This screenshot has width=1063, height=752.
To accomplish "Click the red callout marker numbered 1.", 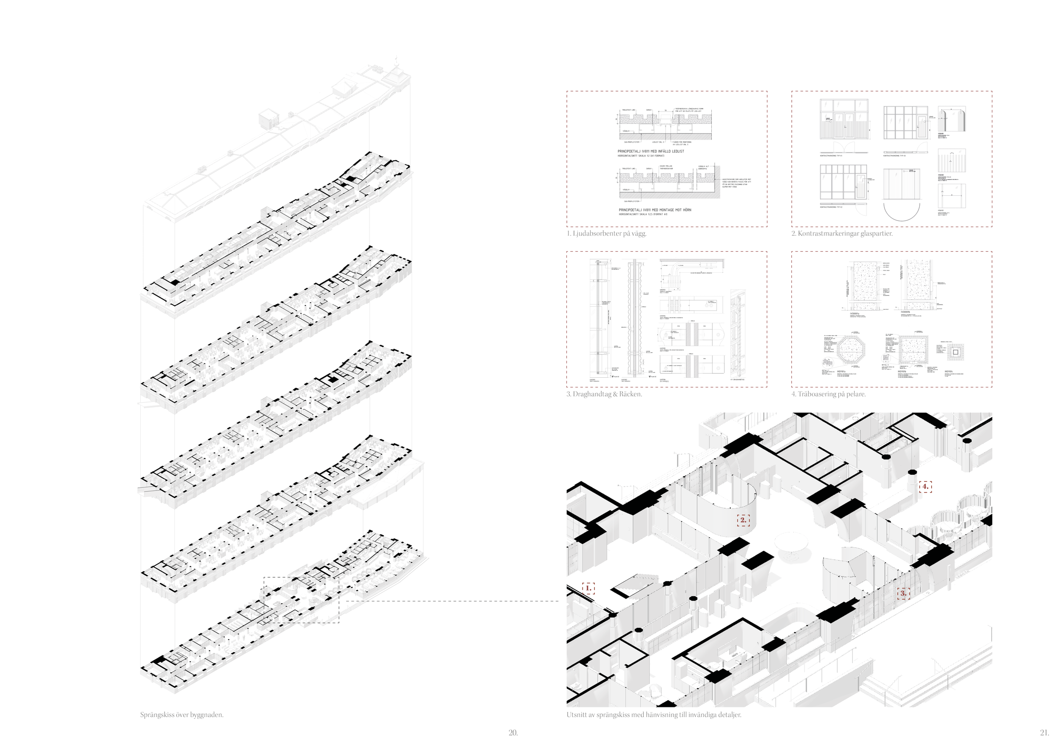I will [588, 588].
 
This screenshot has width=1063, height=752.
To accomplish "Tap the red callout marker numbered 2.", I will [743, 520].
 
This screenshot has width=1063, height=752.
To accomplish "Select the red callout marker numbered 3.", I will [903, 593].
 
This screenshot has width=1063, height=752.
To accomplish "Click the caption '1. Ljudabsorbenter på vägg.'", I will [606, 234].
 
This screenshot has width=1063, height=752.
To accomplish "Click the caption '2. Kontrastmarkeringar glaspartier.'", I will [842, 234].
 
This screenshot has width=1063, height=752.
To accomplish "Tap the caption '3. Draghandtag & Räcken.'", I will [604, 394].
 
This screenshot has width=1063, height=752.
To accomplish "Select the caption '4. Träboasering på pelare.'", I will [828, 394].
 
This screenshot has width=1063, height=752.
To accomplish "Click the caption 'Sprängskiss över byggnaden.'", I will [182, 715].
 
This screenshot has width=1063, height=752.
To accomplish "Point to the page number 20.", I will [513, 732].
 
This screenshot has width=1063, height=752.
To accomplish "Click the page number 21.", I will [1044, 732].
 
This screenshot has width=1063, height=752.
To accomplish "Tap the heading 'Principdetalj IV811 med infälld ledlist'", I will [651, 151].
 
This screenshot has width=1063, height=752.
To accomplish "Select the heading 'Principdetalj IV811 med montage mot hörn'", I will [655, 210].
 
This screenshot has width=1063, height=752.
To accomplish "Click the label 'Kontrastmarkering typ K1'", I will [831, 156].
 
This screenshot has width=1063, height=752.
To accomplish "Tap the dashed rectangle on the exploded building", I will [301, 600].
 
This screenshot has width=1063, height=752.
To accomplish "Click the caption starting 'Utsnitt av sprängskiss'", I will [654, 715].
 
